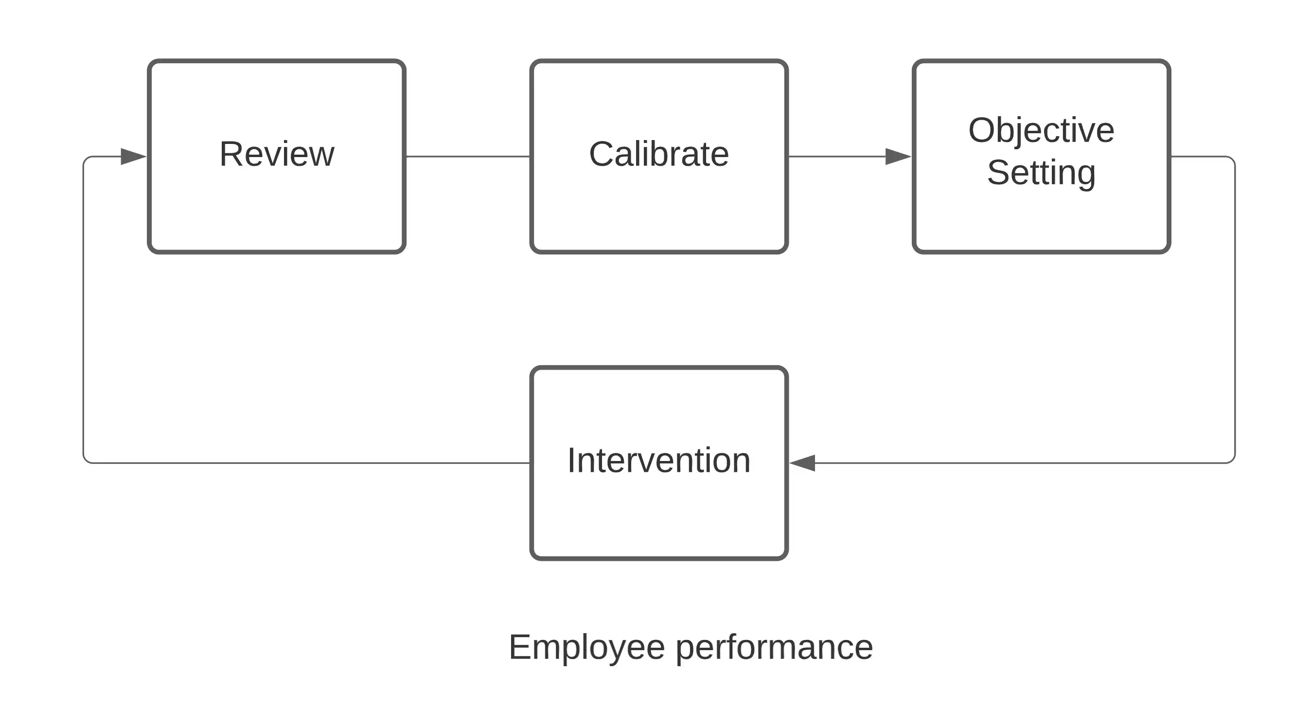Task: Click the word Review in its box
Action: (x=277, y=154)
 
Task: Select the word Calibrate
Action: (x=658, y=154)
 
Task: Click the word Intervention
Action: (x=658, y=461)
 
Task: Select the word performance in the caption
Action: (x=774, y=647)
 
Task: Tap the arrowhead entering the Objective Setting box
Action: (x=898, y=157)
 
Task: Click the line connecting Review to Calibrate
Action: (x=467, y=157)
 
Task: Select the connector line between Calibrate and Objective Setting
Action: (x=835, y=157)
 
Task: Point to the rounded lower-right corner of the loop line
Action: (x=1232, y=460)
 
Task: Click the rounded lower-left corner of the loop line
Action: (x=86, y=460)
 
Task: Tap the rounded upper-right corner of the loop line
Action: (x=1232, y=160)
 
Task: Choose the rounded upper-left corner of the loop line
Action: (x=86, y=160)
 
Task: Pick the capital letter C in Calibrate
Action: (x=602, y=154)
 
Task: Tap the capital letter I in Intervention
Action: (x=571, y=461)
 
